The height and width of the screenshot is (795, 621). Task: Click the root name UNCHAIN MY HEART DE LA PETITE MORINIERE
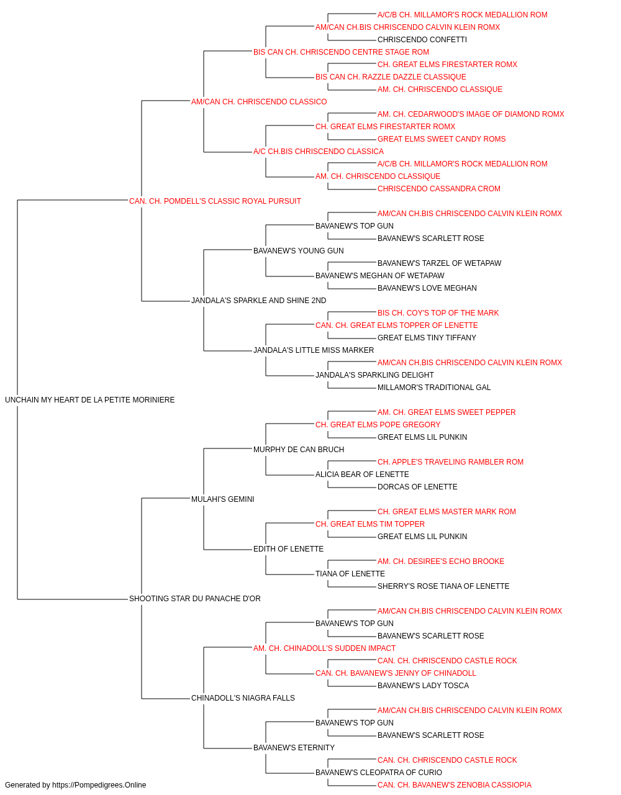(89, 400)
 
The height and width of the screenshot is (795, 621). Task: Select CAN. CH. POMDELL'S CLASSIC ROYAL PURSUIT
(215, 201)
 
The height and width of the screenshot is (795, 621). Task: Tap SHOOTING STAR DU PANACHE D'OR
(195, 599)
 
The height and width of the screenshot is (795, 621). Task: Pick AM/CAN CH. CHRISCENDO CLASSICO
(259, 102)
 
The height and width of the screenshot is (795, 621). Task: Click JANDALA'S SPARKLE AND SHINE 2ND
(258, 301)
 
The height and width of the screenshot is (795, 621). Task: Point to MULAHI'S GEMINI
(223, 499)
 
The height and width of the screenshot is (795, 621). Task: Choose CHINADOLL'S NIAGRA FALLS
(243, 697)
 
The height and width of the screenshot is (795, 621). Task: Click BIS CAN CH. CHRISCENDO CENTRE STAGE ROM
(341, 52)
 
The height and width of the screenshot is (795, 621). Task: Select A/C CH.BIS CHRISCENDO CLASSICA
(319, 152)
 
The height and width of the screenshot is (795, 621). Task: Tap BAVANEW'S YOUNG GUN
(299, 250)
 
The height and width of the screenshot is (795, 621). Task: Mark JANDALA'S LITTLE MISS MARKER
(314, 350)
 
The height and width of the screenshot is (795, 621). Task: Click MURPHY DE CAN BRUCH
(299, 449)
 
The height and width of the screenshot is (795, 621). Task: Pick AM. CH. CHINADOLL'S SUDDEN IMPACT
(324, 648)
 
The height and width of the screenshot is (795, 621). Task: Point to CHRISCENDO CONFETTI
(422, 40)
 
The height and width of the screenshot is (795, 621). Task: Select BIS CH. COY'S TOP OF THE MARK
(438, 313)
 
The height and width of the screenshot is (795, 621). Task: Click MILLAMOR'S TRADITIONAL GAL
(434, 388)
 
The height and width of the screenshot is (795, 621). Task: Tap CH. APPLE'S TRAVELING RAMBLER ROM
(451, 461)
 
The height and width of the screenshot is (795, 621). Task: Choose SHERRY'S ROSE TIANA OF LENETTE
(443, 586)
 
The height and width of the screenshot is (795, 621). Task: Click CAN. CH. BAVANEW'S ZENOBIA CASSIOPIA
(455, 785)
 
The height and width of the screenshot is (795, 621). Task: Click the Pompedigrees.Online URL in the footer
(99, 785)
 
